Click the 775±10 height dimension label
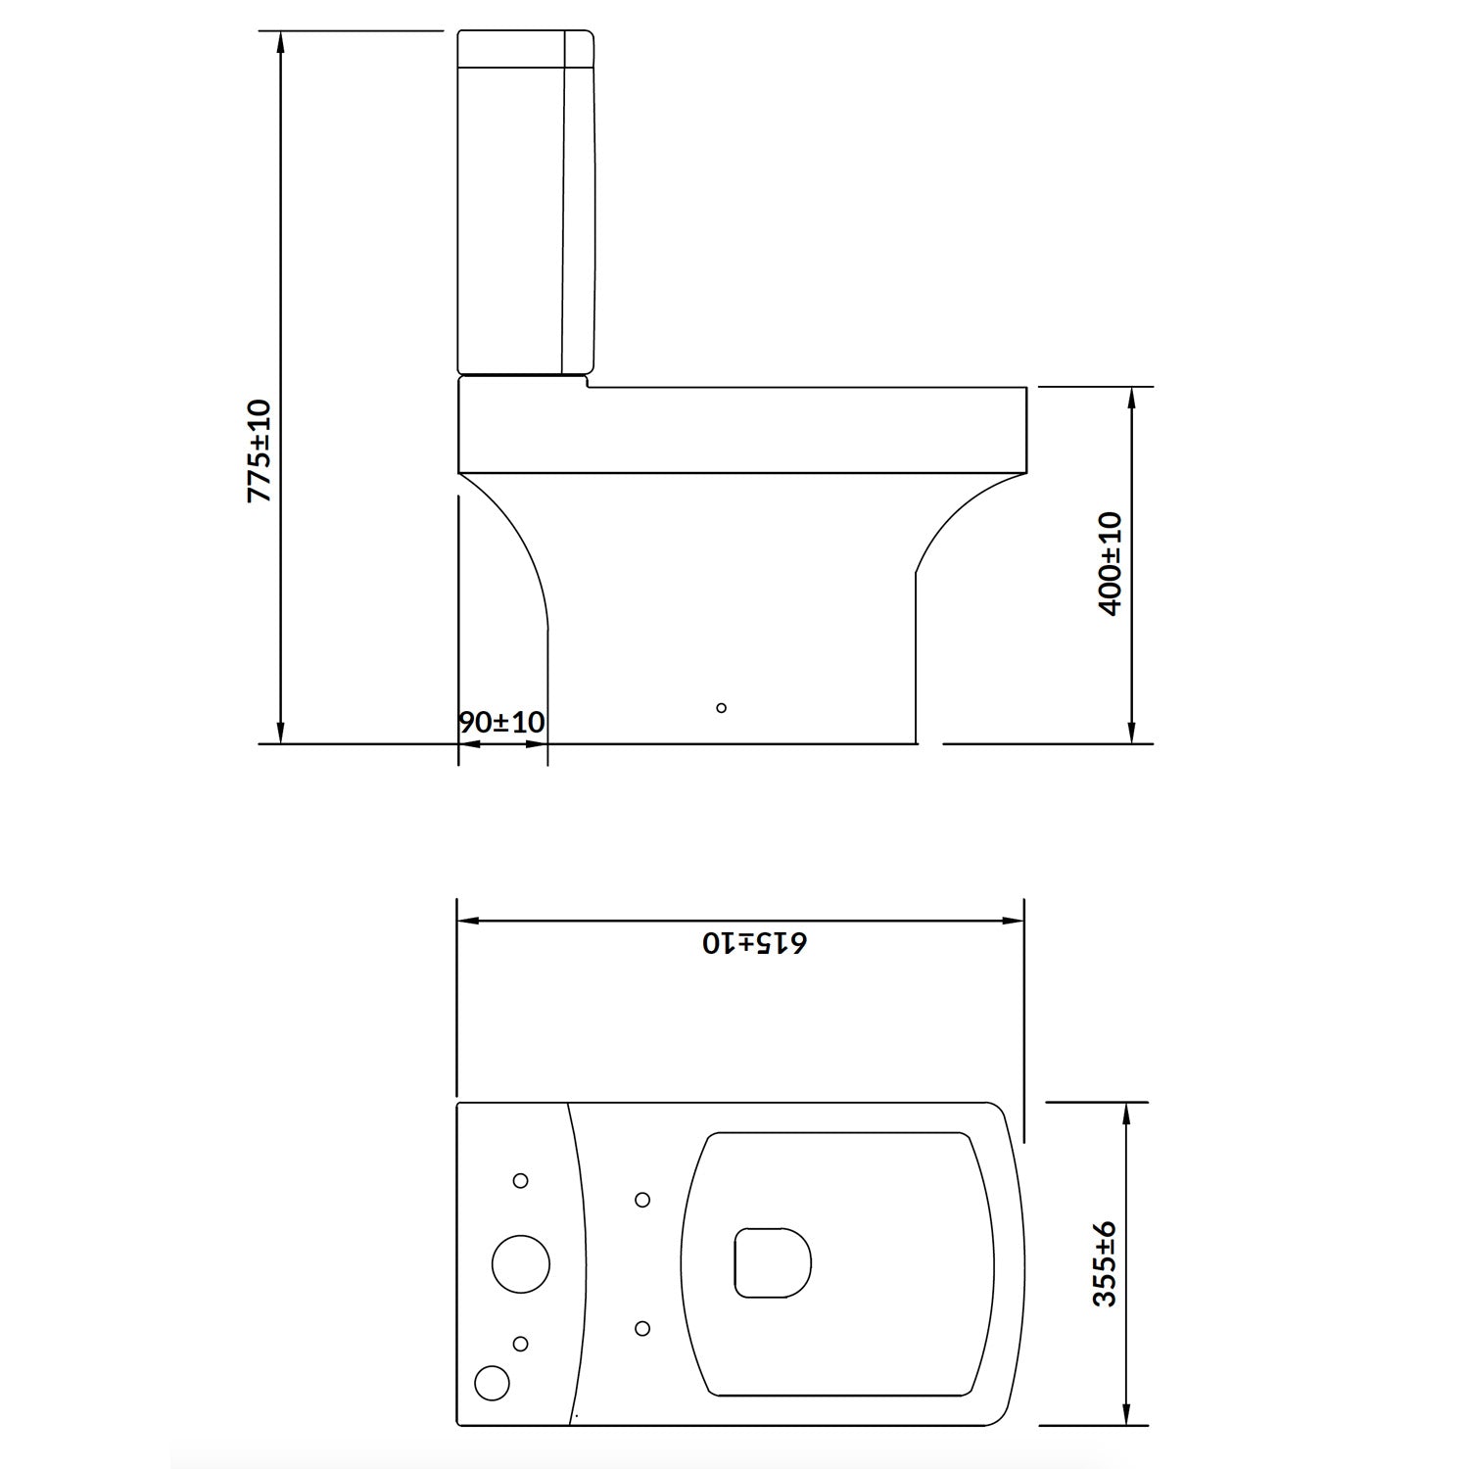(x=260, y=450)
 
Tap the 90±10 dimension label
(x=501, y=723)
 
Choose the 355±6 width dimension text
(x=1105, y=1263)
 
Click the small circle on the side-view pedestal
(x=722, y=707)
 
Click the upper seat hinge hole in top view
(x=642, y=1200)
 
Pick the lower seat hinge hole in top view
(x=642, y=1328)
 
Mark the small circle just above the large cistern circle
(x=521, y=1181)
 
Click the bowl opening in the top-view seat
(x=773, y=1262)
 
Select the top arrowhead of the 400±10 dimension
(x=1132, y=398)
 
